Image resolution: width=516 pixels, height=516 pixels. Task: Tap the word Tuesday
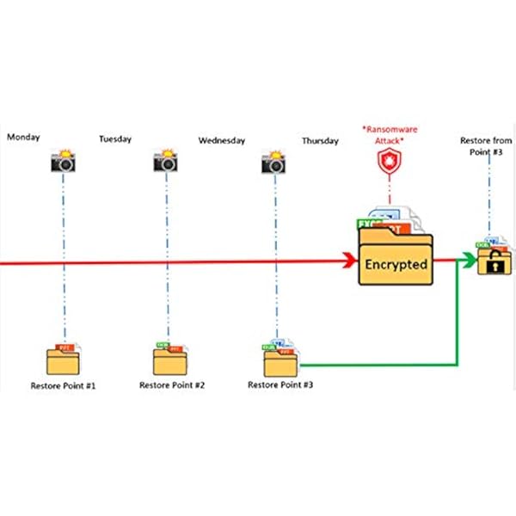point(116,138)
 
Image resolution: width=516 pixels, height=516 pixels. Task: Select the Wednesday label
point(222,140)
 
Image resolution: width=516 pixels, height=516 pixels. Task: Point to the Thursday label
point(320,140)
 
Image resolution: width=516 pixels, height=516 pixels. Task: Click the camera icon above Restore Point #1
point(64,162)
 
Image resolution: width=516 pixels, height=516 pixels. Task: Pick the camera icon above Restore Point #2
point(167,162)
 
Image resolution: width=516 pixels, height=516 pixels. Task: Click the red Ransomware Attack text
point(389,136)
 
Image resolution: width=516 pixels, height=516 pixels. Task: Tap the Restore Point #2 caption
point(172,386)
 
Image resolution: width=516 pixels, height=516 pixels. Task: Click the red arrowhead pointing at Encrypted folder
point(352,261)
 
